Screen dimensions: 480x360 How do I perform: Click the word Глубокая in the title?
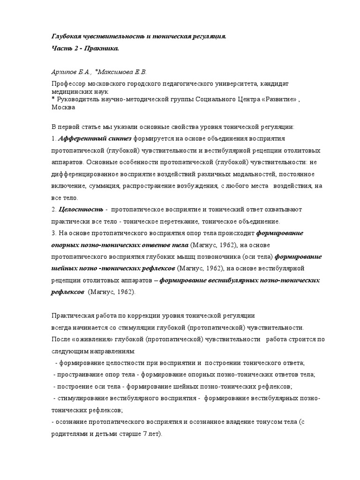click(x=65, y=36)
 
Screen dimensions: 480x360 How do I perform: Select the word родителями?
click(x=69, y=434)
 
